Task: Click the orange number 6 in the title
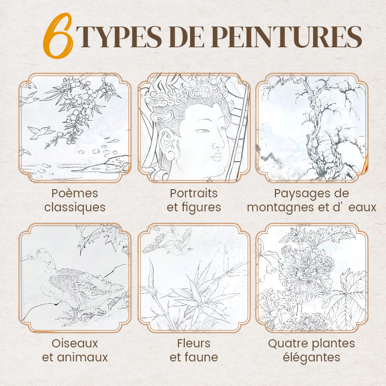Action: [x=58, y=36]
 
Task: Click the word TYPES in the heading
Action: [x=119, y=37]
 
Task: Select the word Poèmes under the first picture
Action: [x=75, y=193]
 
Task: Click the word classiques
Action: [x=75, y=207]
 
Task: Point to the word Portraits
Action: [x=194, y=193]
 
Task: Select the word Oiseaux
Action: [x=75, y=344]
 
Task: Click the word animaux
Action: [x=83, y=358]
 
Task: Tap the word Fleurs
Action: [x=194, y=343]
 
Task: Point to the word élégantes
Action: [x=311, y=358]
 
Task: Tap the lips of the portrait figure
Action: [x=217, y=157]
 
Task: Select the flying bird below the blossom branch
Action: [x=40, y=132]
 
